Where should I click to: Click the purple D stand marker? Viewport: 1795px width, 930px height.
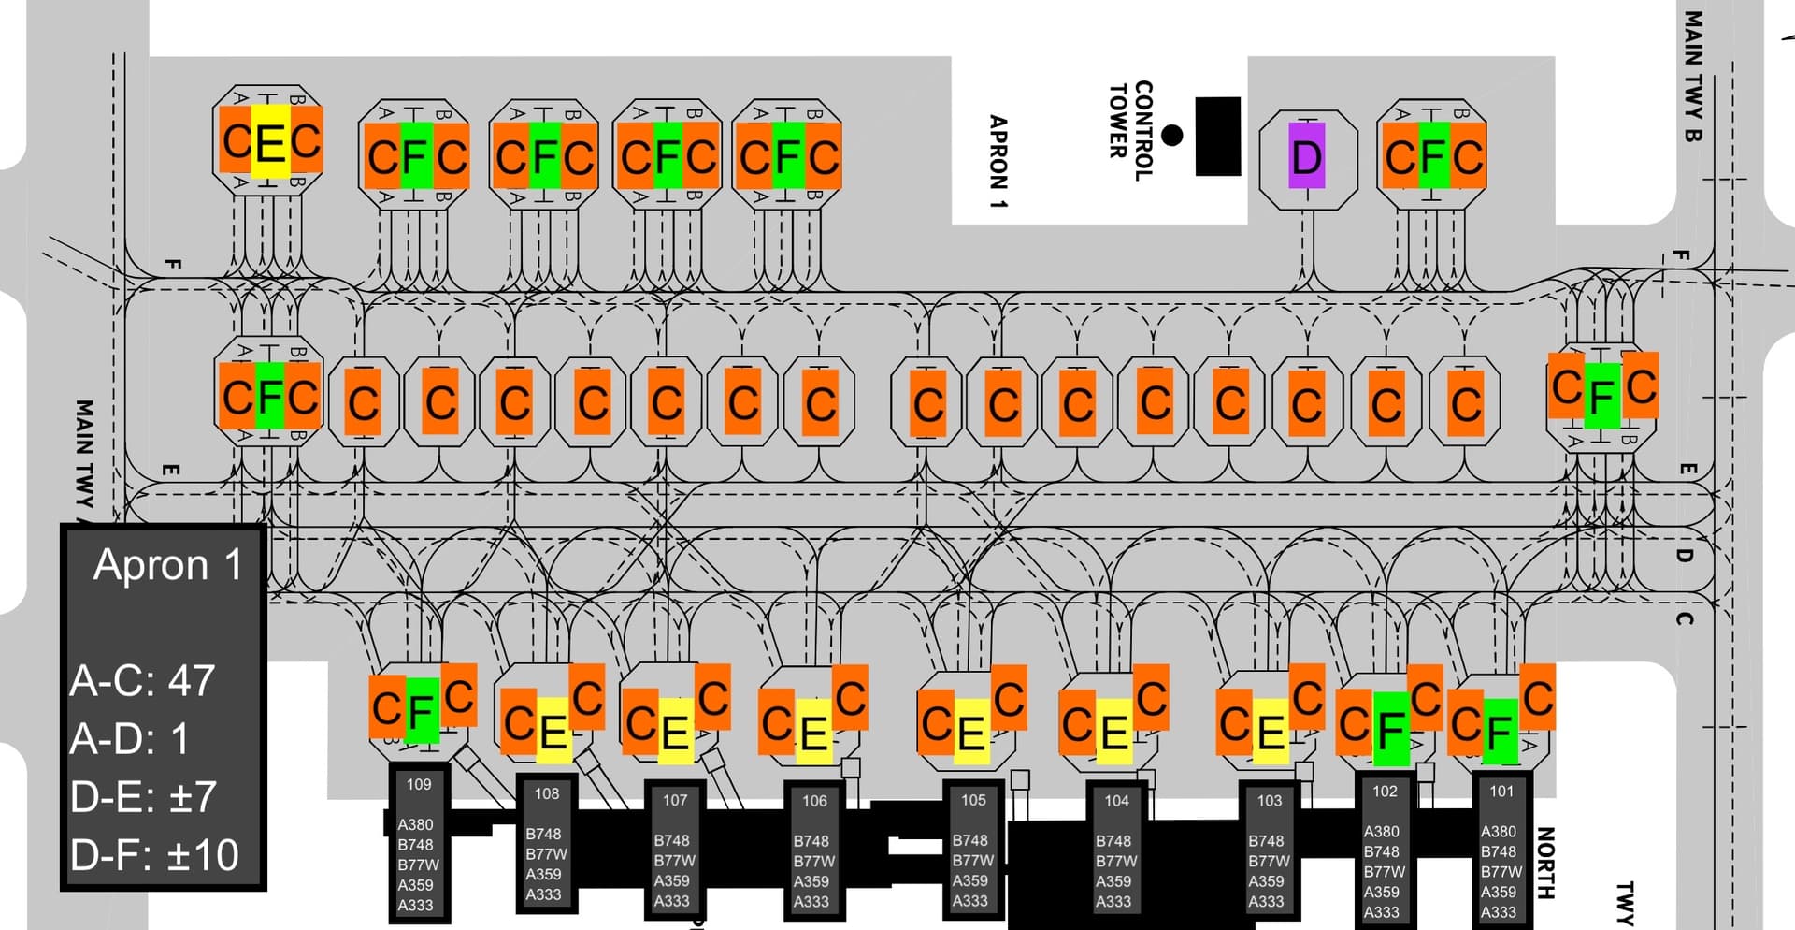coord(1306,155)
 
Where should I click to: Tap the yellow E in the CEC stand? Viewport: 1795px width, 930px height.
coord(269,142)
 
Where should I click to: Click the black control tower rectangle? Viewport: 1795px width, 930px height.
coord(1218,136)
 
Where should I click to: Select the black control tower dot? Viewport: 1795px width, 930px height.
coord(1171,135)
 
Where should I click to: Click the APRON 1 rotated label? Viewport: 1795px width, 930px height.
coord(998,161)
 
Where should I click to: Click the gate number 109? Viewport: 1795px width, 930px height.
coord(419,784)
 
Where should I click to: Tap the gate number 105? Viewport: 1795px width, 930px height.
coord(973,800)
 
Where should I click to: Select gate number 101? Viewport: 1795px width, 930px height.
coord(1501,792)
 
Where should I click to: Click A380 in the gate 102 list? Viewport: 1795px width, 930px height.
coord(1381,831)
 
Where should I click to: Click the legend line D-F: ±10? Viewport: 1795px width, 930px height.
coord(154,855)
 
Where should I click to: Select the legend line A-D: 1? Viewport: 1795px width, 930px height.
coord(129,739)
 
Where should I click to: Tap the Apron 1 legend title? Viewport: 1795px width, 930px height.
coord(167,564)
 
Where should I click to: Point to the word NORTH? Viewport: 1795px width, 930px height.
coord(1544,863)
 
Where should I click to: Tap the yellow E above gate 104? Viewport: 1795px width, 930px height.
coord(1113,732)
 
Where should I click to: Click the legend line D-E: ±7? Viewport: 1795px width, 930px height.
coord(143,797)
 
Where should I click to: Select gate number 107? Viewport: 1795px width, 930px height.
coord(675,800)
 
